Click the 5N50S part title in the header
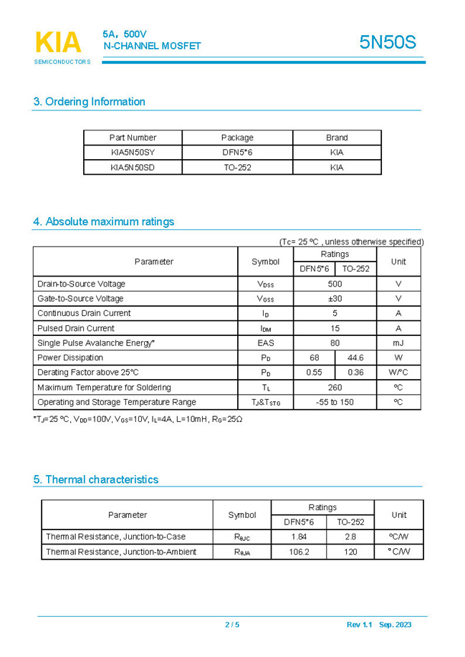pos(387,42)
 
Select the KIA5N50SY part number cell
pos(133,153)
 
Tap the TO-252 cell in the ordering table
pos(237,168)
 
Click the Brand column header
pos(337,138)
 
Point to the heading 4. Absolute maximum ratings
pos(104,222)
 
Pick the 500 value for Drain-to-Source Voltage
pos(335,284)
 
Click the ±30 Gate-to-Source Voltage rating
pos(335,299)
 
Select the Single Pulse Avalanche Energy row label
pos(96,343)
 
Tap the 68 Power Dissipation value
pos(314,358)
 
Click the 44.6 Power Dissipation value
pos(355,358)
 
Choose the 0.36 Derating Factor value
pos(355,373)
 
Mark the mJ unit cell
pos(398,343)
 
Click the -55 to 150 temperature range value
pos(335,403)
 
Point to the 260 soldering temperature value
pos(335,388)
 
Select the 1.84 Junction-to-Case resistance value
pos(299,537)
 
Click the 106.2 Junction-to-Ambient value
pos(299,552)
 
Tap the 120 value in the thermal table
pos(350,552)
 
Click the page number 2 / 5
pos(232,625)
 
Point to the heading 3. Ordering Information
pos(90,102)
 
